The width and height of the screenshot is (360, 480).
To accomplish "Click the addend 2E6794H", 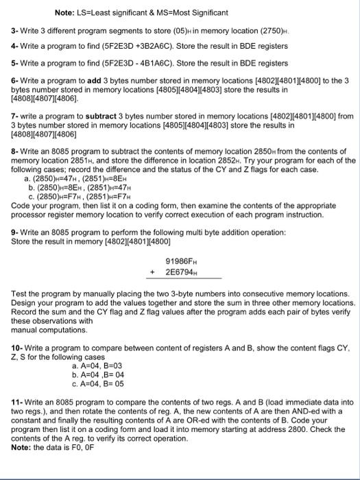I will point(181,272).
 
